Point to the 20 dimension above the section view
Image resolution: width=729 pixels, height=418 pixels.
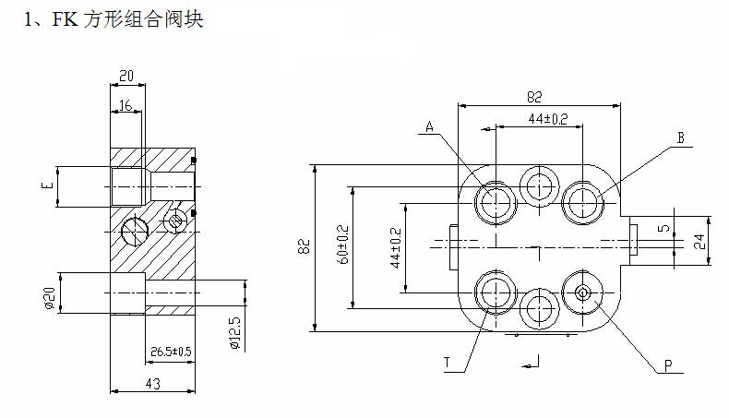pos(126,76)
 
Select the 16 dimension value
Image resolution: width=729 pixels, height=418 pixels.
pos(126,106)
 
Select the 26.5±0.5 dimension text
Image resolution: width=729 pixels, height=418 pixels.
pos(170,352)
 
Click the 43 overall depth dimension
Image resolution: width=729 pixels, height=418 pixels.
pos(152,382)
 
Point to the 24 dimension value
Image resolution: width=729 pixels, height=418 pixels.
pos(699,243)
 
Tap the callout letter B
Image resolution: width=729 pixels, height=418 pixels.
pos(679,138)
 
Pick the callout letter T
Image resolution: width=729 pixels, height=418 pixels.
pos(447,364)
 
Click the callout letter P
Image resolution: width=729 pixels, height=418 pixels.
pos(667,367)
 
